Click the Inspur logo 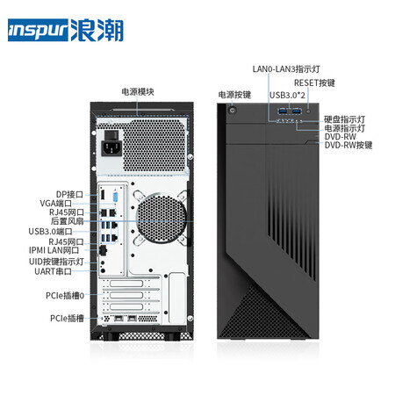pos(66,30)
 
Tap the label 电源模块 pos(138,92)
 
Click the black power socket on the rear pos(111,146)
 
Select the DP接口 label pos(69,195)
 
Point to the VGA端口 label pos(55,204)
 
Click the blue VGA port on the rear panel pos(115,197)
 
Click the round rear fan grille pos(161,219)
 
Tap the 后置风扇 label pos(67,221)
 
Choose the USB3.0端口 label pos(50,232)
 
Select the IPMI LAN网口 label pos(54,250)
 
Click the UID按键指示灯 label pos(56,262)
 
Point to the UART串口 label pos(53,271)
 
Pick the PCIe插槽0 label pos(65,296)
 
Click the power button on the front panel pos(233,111)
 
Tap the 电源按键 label pos(234,95)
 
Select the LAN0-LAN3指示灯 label pos(286,69)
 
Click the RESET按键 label pos(314,83)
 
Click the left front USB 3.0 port pos(283,111)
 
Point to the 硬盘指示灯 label pos(344,119)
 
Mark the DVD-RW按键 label pos(348,145)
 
